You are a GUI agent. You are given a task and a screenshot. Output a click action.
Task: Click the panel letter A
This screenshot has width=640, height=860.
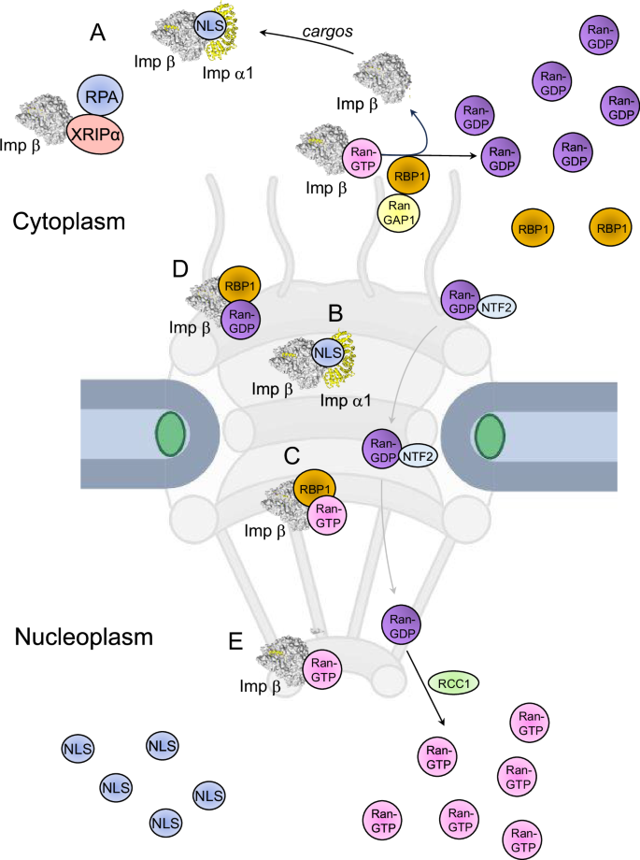[x=96, y=34]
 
